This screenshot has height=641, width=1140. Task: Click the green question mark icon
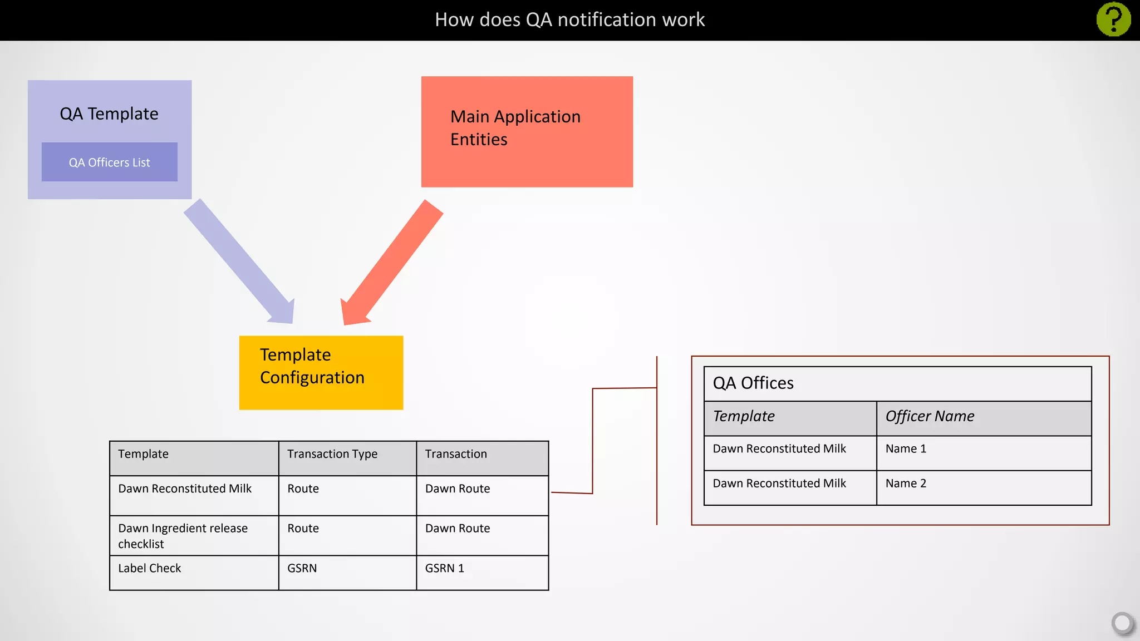[1113, 19]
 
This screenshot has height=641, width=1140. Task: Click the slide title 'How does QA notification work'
[569, 19]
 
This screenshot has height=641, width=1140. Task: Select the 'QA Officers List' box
[110, 162]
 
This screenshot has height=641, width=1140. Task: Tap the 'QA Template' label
[109, 114]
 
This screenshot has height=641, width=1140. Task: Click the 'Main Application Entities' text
[515, 128]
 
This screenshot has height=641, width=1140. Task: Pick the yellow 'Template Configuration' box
[321, 372]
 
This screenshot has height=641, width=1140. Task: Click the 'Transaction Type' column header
[332, 454]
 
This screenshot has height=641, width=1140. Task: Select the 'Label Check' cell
[150, 568]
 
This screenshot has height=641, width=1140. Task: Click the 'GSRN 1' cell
[445, 568]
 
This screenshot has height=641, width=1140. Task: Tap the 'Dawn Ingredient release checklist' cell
[183, 535]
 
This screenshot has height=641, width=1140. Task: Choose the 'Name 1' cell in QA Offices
[906, 448]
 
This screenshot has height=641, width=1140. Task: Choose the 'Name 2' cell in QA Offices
[906, 483]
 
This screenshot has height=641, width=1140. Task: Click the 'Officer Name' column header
[930, 416]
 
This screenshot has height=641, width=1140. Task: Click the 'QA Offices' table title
[753, 383]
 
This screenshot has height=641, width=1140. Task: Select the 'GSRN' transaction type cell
[302, 568]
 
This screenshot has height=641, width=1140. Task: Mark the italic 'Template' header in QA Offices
[744, 416]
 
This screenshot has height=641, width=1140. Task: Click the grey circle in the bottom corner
[1122, 623]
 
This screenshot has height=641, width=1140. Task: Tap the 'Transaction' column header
[456, 454]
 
